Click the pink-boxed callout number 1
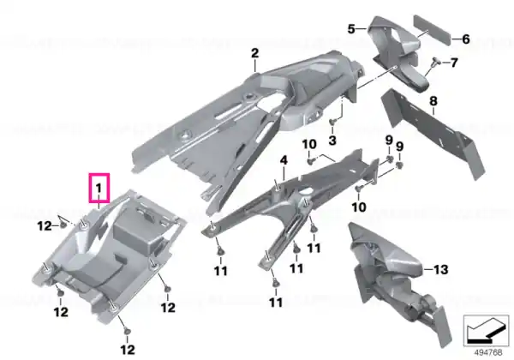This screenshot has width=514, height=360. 99,189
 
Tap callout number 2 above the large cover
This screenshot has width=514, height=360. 255,53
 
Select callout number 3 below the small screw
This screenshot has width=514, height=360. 332,141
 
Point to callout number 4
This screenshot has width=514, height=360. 284,160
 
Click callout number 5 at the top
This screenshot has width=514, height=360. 351,29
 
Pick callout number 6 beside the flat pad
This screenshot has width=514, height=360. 466,39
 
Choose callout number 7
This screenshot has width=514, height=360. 454,63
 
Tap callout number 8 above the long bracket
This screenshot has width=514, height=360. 433,101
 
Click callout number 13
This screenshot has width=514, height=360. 440,269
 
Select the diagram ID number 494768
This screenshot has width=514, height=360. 488,352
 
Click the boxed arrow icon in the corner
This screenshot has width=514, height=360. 486,331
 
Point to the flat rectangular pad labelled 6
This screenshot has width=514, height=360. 432,32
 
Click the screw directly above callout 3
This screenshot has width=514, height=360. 332,122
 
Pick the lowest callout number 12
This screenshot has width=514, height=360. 128,350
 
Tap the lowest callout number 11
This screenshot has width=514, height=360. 276,302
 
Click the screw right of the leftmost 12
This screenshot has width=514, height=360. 63,225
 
